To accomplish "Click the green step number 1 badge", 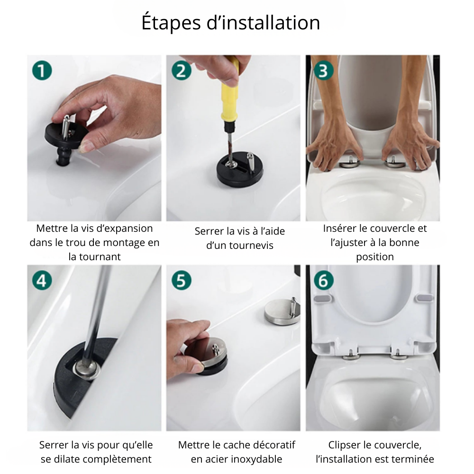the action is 42,71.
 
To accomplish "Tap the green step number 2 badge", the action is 182,71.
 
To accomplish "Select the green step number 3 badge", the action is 324,71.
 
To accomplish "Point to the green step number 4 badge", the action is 42,280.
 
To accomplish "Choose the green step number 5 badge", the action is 182,280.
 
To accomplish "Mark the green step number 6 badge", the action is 324,280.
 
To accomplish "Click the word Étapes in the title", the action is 171,23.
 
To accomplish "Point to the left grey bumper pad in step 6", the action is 322,299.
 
